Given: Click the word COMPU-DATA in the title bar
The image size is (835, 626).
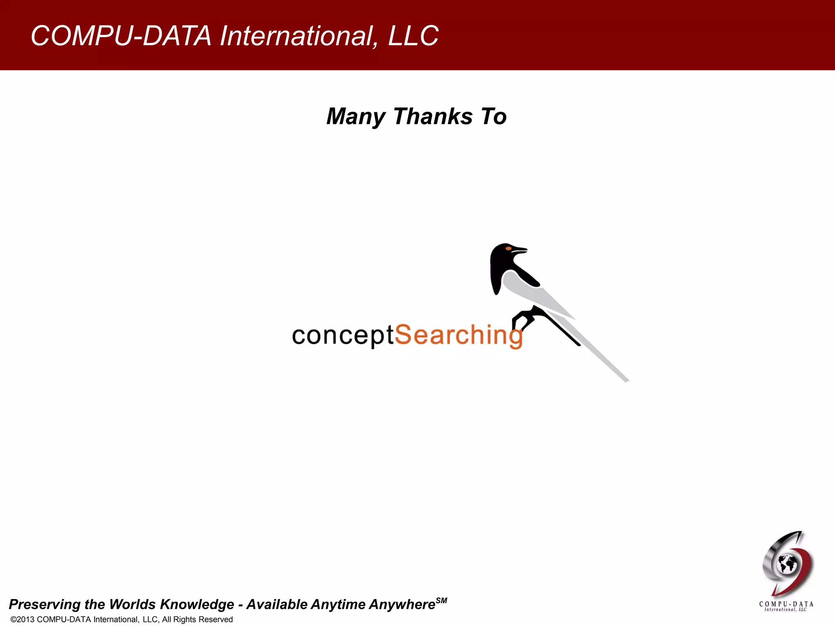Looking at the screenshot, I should point(121,36).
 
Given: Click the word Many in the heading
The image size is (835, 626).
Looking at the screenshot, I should point(356,117).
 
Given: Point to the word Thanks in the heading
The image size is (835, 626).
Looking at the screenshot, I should point(433,117).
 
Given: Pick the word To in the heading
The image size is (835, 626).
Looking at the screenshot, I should point(494,117).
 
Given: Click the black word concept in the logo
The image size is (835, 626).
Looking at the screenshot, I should point(342,336).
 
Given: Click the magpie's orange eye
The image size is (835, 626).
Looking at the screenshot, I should point(508,248).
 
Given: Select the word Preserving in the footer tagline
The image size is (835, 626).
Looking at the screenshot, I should point(44,604).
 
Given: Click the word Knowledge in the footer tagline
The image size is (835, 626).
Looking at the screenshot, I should point(197,604).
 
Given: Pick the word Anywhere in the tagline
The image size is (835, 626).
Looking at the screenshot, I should point(402,604).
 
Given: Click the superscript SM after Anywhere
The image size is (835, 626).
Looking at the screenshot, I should point(442,600).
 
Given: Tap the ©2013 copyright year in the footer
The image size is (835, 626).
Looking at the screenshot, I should point(23,619).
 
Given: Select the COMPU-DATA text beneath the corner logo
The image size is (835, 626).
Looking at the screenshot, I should point(786,604).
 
